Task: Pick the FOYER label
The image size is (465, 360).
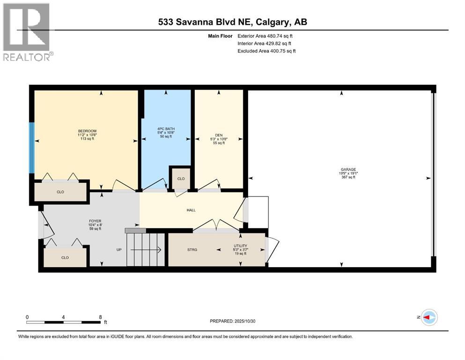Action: (x=95, y=221)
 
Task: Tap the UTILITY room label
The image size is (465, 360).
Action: (x=240, y=246)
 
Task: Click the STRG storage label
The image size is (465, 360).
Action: (x=192, y=250)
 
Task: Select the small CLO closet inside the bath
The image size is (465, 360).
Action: (x=181, y=179)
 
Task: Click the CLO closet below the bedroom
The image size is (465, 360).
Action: (x=60, y=192)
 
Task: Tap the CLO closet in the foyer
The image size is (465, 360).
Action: (x=65, y=257)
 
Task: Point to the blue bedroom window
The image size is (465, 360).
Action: (x=32, y=148)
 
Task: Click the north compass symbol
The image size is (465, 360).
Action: (x=428, y=317)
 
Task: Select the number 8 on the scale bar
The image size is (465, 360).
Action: (x=101, y=317)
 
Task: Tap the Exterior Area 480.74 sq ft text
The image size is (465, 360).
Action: (x=266, y=36)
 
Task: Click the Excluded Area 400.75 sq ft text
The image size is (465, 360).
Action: (x=266, y=51)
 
